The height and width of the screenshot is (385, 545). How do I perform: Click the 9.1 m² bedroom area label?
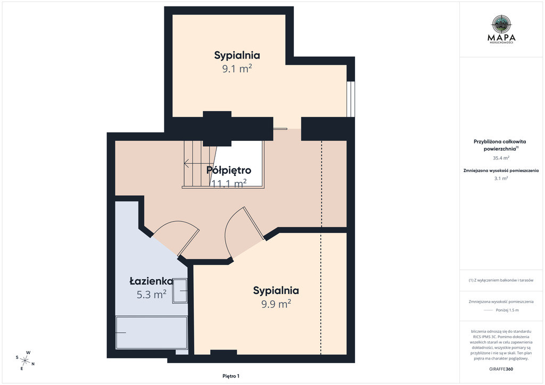click(237, 69)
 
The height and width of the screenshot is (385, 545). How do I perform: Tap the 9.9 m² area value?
click(276, 304)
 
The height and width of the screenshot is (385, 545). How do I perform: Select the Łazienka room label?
click(152, 281)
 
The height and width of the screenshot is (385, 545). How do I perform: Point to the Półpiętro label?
click(229, 170)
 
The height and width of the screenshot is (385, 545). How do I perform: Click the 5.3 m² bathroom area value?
click(152, 295)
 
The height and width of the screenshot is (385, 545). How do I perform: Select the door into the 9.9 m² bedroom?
click(244, 232)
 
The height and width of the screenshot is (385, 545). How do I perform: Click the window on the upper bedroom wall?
click(351, 99)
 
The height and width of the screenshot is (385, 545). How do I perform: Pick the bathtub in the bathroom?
click(152, 332)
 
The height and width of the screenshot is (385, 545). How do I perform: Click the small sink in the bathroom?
click(180, 291)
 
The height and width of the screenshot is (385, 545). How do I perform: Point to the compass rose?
click(25, 361)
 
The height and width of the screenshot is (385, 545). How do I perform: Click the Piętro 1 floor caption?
click(231, 376)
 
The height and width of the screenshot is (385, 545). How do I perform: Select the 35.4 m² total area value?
click(501, 158)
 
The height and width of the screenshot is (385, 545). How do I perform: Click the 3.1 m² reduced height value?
click(501, 179)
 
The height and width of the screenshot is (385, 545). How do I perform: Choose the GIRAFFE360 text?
click(501, 369)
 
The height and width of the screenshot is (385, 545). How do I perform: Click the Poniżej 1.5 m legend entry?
click(507, 310)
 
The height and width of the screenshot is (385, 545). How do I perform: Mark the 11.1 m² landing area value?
click(229, 183)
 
